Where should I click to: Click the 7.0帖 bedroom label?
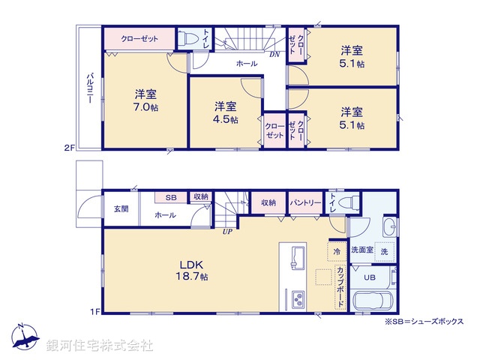145,100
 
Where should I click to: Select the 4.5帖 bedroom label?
224,112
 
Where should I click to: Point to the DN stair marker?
274,55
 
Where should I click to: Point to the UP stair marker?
226,232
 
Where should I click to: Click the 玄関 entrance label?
121,208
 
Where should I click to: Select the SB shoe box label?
170,197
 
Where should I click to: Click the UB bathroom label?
368,277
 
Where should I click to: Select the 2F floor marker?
69,148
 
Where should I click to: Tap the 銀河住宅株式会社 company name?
99,345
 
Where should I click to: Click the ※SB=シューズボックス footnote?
424,321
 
